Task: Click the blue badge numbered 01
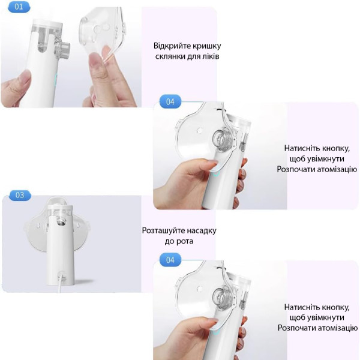(x=19, y=7)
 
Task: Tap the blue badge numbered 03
(x=20, y=195)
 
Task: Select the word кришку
(x=207, y=46)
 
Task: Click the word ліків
(x=210, y=56)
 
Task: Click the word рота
(x=185, y=242)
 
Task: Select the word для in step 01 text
(x=193, y=56)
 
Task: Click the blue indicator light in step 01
(x=55, y=79)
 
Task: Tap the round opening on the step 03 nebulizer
(x=61, y=222)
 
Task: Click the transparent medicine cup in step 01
(x=46, y=37)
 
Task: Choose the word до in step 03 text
(x=169, y=242)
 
